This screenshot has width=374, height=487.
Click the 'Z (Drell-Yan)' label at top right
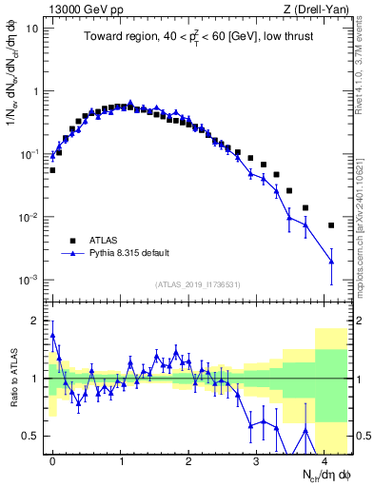click(318, 9)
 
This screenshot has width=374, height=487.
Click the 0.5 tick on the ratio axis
click(33, 437)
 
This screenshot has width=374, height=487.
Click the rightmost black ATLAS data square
click(331, 225)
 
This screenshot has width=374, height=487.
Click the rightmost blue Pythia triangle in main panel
click(331, 261)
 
